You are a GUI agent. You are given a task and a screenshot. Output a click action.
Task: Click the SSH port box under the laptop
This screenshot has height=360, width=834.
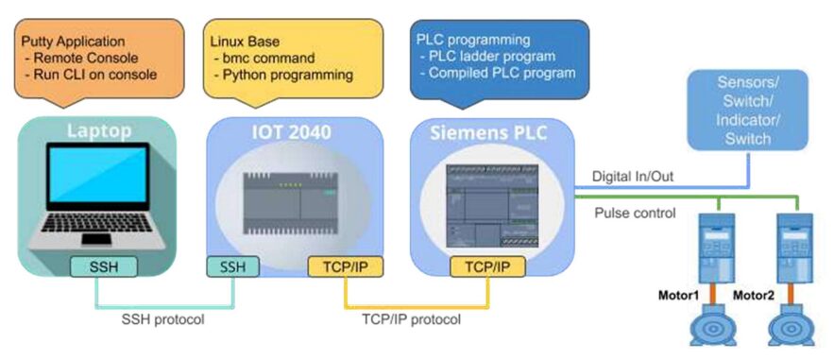(103, 266)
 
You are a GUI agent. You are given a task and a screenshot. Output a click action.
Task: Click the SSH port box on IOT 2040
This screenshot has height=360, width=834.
(233, 266)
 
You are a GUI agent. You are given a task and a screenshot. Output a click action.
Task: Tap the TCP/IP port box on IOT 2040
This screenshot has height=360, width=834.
(346, 266)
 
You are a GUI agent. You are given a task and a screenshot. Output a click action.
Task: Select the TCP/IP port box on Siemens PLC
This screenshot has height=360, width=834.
(487, 266)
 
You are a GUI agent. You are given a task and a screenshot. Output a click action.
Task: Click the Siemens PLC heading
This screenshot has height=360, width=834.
(487, 132)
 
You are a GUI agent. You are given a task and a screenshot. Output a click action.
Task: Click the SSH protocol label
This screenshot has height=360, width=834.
(162, 320)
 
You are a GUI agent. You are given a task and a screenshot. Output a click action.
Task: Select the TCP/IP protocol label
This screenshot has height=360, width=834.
(411, 320)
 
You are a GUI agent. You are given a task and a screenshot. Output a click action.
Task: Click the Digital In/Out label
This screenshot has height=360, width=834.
(633, 176)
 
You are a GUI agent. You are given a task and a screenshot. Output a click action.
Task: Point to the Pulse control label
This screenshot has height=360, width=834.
(635, 214)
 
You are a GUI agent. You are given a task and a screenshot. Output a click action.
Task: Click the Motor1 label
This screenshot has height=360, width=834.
(678, 295)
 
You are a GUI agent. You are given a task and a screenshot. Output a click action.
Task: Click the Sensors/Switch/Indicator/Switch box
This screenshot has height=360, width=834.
(747, 110)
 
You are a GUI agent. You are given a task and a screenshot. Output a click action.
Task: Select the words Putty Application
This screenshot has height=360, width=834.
(74, 41)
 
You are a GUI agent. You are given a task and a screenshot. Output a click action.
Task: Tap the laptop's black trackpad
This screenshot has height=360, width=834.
(96, 239)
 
